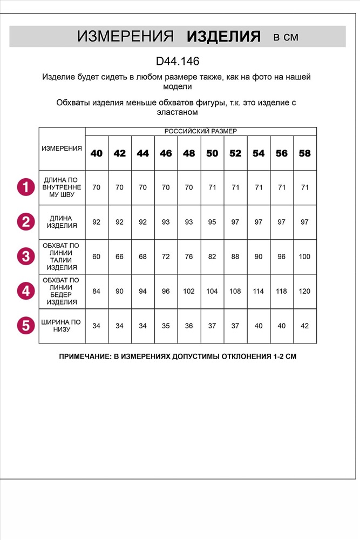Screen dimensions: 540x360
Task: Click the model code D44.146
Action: point(177,62)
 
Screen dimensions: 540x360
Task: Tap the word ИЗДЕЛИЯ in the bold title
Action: point(223,37)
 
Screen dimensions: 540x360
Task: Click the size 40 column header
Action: point(97,153)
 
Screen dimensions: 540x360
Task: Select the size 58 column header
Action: point(305,153)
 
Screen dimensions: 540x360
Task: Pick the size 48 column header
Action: point(189,153)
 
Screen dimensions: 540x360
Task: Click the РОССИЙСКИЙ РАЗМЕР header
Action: point(201,131)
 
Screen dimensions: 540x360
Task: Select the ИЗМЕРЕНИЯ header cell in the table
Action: point(62,148)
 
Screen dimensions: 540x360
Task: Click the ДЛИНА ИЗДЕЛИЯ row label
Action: point(62,222)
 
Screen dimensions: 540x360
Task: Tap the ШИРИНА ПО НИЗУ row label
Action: point(62,326)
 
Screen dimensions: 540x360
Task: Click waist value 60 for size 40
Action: point(97,256)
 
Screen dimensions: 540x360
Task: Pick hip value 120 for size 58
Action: point(305,291)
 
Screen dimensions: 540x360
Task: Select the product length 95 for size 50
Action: point(212,222)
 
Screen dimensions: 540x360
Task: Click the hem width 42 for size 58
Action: point(305,326)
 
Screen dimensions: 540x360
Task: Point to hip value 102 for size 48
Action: point(189,291)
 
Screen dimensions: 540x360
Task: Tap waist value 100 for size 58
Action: point(305,256)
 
